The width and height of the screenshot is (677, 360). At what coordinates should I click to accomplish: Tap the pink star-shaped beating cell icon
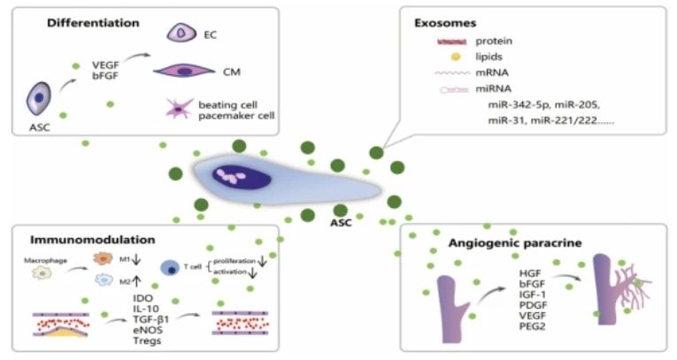point(181,110)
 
